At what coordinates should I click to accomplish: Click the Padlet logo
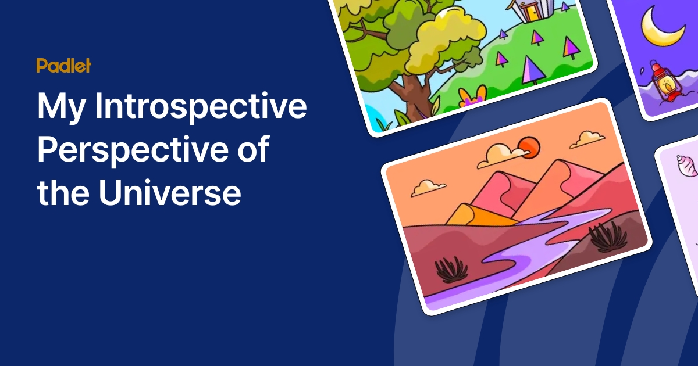63,66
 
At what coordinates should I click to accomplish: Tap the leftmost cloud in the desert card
428,187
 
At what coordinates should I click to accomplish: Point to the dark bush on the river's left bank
451,269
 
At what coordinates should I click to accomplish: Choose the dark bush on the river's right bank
607,235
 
